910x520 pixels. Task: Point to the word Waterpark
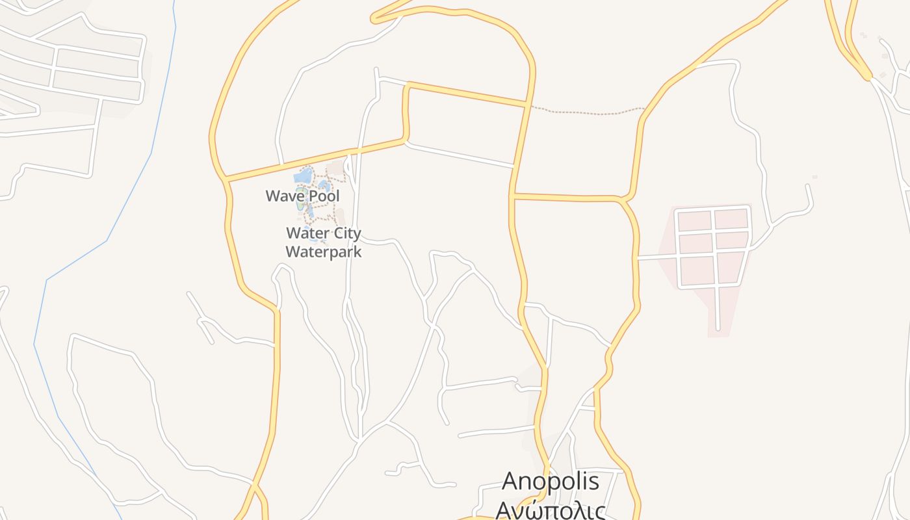pos(323,252)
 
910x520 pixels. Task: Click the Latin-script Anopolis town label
pos(550,482)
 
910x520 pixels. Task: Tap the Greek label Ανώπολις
pos(550,510)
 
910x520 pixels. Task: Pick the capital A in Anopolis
pos(511,482)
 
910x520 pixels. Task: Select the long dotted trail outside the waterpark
pos(585,112)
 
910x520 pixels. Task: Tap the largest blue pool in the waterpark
pos(302,176)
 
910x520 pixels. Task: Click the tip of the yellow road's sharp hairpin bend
pos(374,19)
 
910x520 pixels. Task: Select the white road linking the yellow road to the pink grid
pos(656,257)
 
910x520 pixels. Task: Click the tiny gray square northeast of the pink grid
pos(814,177)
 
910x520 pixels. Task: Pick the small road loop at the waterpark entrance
pos(348,168)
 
